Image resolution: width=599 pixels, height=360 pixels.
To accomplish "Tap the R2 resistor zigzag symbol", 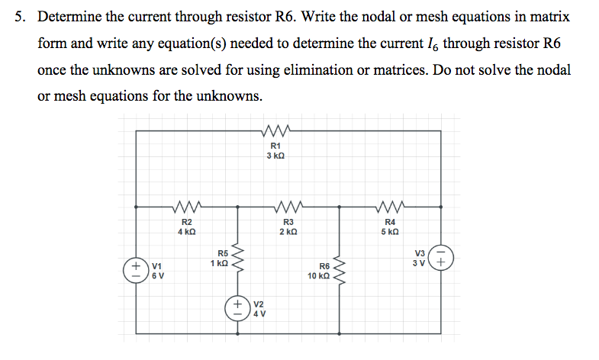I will coord(186,206).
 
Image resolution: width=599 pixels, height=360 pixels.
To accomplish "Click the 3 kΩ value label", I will coord(275,156).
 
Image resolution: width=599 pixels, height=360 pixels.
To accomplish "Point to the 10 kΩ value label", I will coord(319,276).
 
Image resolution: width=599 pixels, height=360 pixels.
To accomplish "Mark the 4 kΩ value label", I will coord(186,231).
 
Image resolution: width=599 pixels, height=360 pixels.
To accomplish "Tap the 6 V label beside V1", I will coord(156,276).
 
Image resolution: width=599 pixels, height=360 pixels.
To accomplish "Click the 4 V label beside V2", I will coord(259,314).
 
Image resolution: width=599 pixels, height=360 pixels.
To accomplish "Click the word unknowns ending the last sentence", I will coord(233,96).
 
